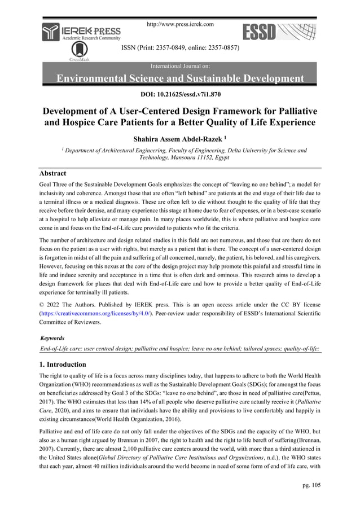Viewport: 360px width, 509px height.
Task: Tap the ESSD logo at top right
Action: coord(277,31)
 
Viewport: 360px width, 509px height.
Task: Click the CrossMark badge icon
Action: coord(81,51)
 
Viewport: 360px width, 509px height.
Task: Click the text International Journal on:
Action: coord(180,65)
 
